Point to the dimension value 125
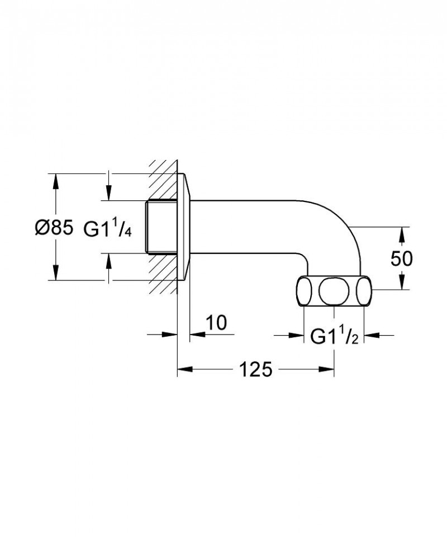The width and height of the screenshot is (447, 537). pos(255,369)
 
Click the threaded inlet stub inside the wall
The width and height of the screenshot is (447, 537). pos(161,227)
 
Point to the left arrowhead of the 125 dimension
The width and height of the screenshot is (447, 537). pos(184,369)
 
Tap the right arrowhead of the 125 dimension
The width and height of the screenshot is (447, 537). pos(327,369)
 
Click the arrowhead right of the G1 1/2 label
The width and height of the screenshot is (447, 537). pos(372,336)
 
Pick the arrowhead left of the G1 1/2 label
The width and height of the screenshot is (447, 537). pos(296,336)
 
